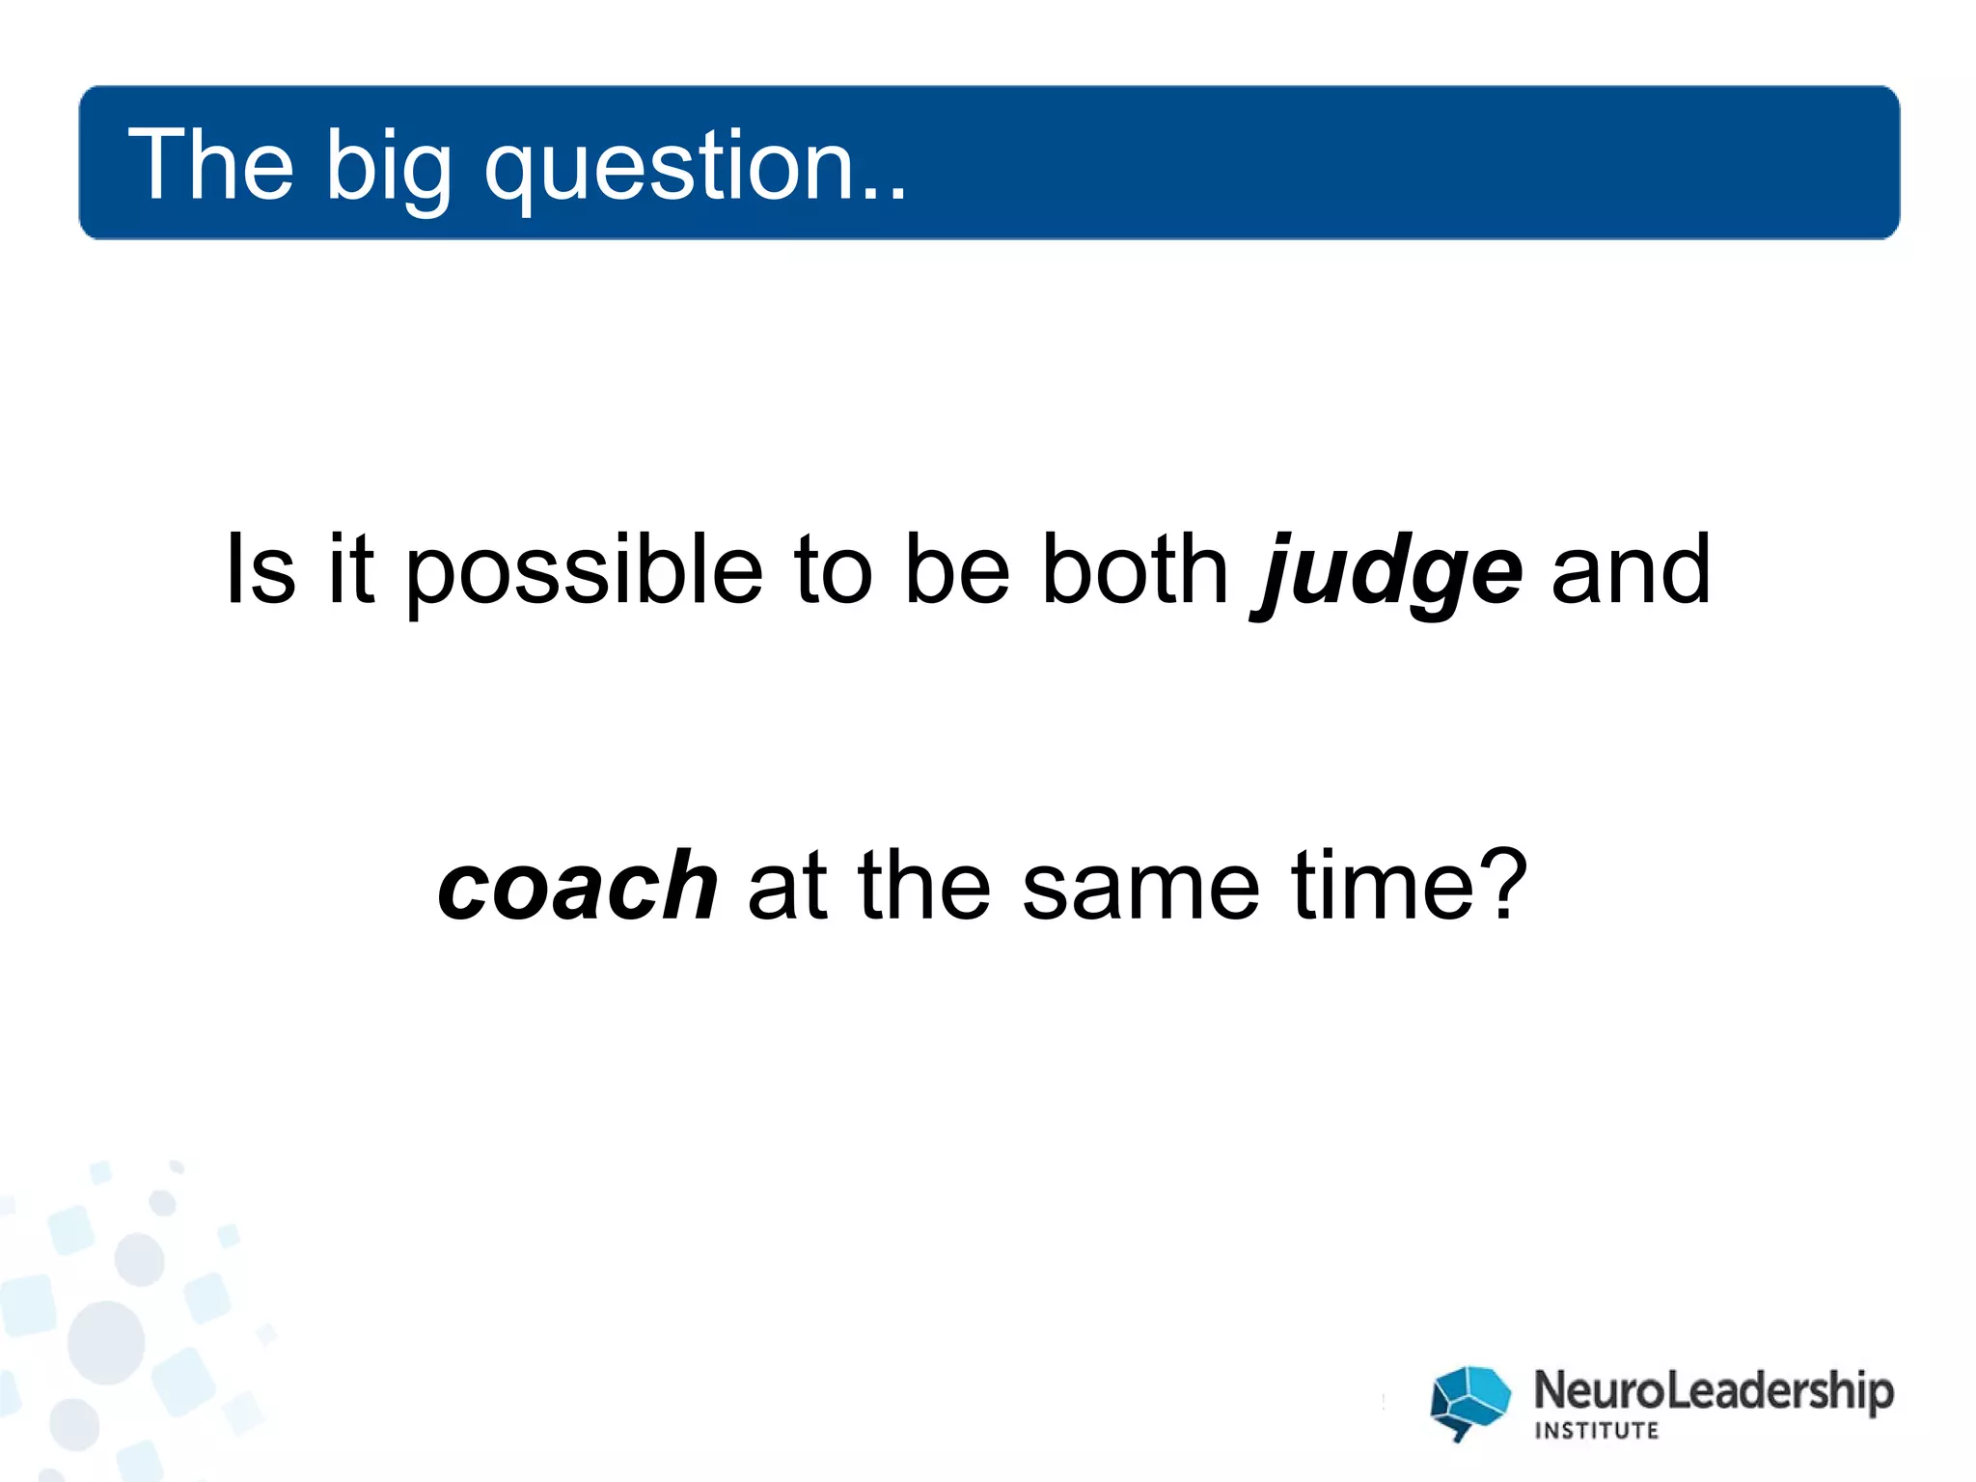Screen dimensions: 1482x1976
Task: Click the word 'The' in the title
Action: (210, 165)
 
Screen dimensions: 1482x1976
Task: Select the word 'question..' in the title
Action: (695, 169)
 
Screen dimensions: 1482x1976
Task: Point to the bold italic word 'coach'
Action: (577, 886)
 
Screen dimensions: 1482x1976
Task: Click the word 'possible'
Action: (583, 573)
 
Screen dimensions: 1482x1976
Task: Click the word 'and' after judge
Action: (1630, 571)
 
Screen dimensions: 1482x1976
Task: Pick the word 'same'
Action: (1139, 888)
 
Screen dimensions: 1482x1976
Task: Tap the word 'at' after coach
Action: (786, 888)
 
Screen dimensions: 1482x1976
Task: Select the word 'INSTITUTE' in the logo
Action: (1596, 1431)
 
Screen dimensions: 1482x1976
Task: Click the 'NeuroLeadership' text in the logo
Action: (1713, 1391)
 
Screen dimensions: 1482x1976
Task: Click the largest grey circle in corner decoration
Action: (106, 1342)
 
